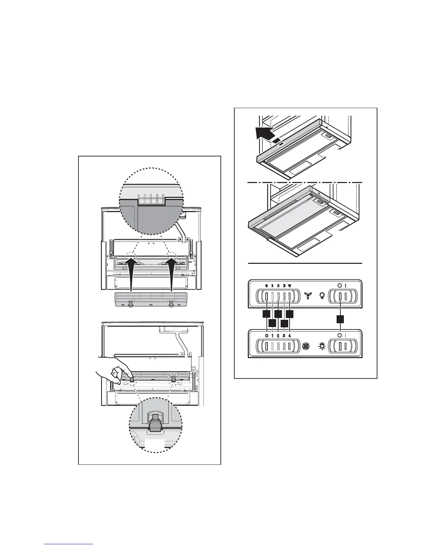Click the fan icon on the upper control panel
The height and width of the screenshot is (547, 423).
(x=307, y=296)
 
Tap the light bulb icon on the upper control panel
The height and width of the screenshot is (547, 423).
(x=322, y=296)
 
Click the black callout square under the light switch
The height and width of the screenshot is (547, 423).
(x=341, y=319)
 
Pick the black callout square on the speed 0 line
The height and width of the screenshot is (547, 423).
(x=266, y=314)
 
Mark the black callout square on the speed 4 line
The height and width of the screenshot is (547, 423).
(x=290, y=314)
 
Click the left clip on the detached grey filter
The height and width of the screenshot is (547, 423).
(x=131, y=304)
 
